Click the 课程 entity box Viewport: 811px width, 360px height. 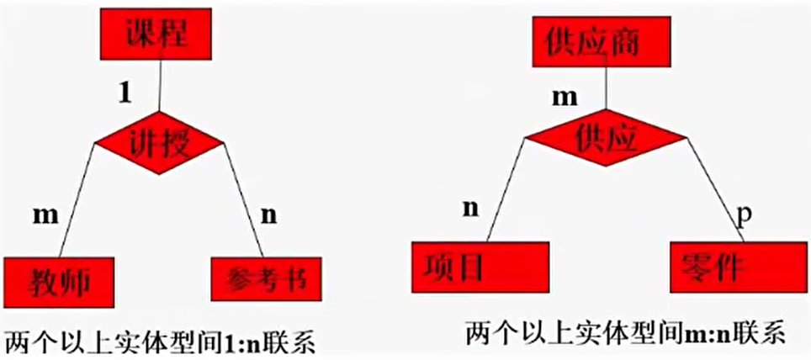(156, 34)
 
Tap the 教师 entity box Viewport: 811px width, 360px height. (59, 282)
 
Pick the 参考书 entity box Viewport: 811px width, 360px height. (266, 279)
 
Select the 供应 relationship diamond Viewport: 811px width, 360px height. (606, 137)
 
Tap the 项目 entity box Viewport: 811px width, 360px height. (480, 267)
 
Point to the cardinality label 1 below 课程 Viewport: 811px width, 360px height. (125, 93)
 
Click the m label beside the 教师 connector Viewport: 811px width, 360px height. (46, 215)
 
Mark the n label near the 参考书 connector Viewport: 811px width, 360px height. (268, 215)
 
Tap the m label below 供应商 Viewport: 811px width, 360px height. (564, 98)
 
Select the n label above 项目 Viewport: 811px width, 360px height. (470, 208)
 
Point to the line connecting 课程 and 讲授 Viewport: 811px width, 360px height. (160, 85)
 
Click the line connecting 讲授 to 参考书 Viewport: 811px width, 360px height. (243, 199)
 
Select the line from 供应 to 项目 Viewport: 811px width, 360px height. (506, 190)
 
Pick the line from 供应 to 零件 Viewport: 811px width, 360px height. (715, 189)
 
